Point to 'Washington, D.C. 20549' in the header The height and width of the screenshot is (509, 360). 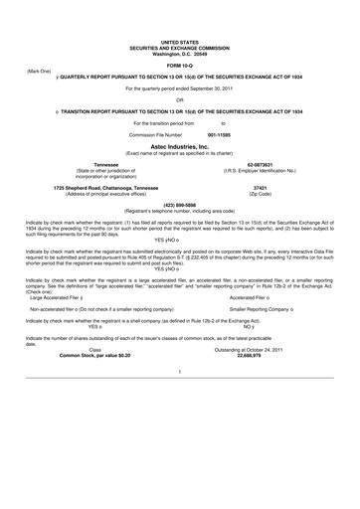coord(180,50)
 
